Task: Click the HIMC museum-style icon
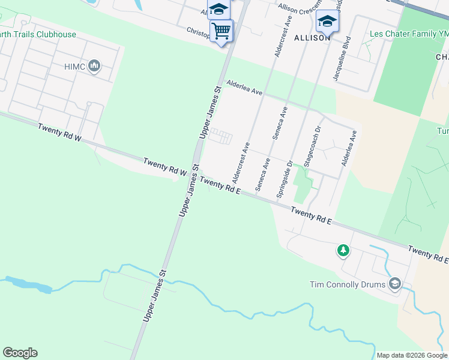(x=94, y=65)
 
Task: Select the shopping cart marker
(x=221, y=30)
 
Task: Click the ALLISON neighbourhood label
(x=312, y=37)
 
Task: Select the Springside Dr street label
(x=284, y=179)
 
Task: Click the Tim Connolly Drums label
(x=348, y=284)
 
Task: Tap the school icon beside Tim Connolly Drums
(x=395, y=283)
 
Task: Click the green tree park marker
(x=343, y=250)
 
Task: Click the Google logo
(x=20, y=353)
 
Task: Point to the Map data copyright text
(x=412, y=355)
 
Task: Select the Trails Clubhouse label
(x=38, y=34)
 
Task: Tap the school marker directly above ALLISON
(x=327, y=21)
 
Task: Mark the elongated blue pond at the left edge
(x=26, y=284)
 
